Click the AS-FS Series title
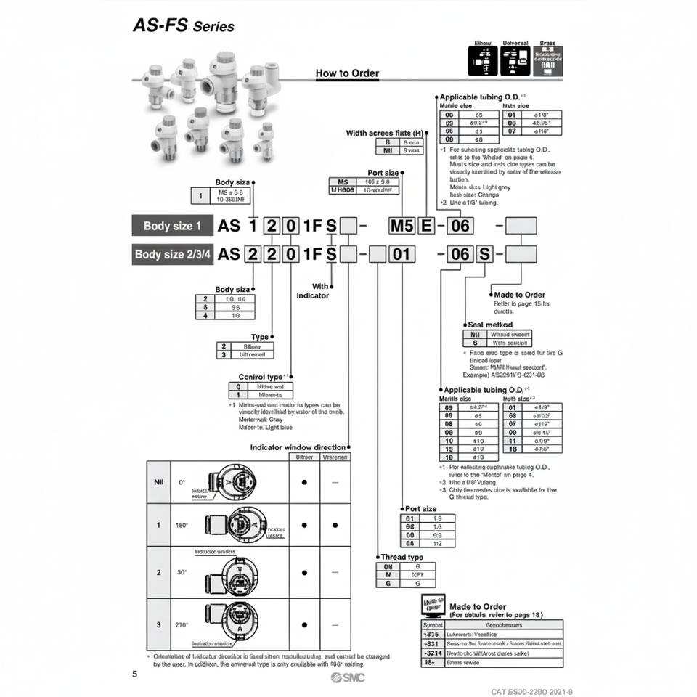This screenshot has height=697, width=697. (184, 25)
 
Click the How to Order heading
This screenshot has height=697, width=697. (347, 73)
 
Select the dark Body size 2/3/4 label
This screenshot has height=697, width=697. (173, 255)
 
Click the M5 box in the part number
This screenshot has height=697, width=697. (401, 225)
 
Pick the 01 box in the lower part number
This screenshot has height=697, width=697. (404, 255)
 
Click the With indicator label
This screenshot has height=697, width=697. (313, 291)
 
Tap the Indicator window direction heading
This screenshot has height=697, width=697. (298, 448)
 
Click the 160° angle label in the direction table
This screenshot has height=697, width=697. (182, 525)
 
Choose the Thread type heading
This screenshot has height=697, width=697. (401, 557)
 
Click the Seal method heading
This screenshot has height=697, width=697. (489, 325)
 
